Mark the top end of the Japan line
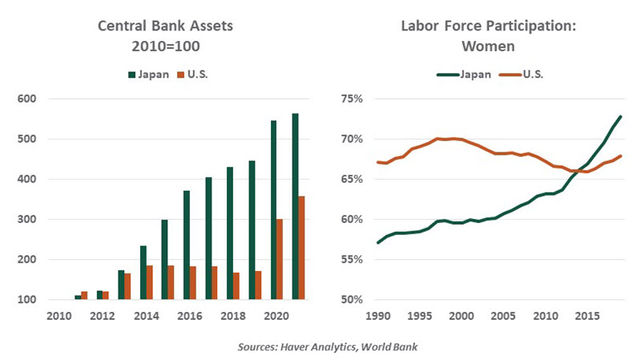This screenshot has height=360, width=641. point(621,117)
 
